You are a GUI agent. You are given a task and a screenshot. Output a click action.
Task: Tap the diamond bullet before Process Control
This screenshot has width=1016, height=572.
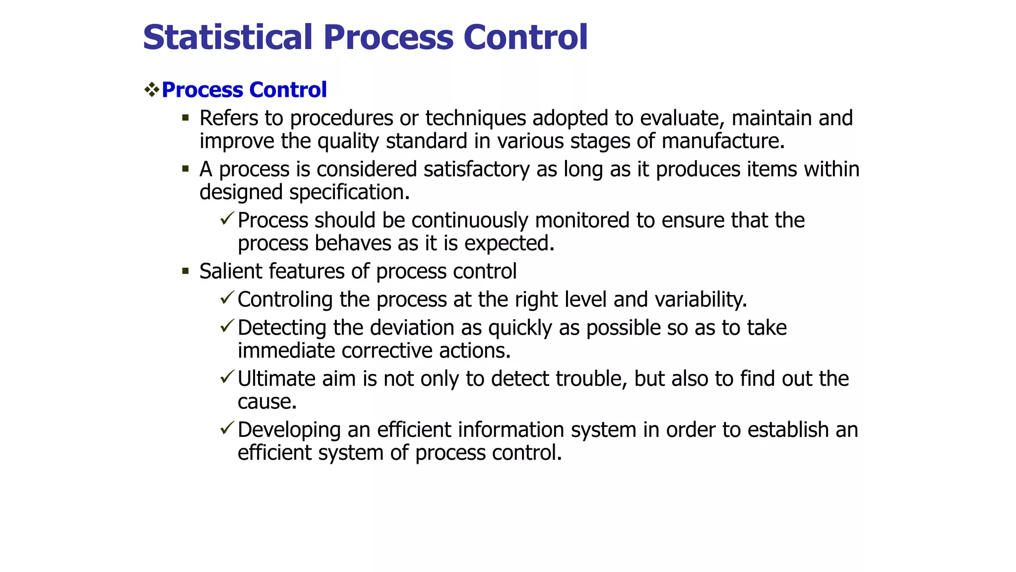tap(151, 90)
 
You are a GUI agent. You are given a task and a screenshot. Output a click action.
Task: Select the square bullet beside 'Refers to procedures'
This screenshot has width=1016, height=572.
tap(186, 118)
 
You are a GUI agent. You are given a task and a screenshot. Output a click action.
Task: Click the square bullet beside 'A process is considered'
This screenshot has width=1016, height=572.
tap(186, 169)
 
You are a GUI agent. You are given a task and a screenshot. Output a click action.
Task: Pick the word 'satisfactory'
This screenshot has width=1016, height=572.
tap(477, 169)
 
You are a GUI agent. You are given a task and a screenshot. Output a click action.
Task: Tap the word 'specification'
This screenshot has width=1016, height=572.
tap(347, 192)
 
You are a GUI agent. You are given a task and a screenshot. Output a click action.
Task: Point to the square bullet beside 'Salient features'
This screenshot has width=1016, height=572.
tap(186, 271)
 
